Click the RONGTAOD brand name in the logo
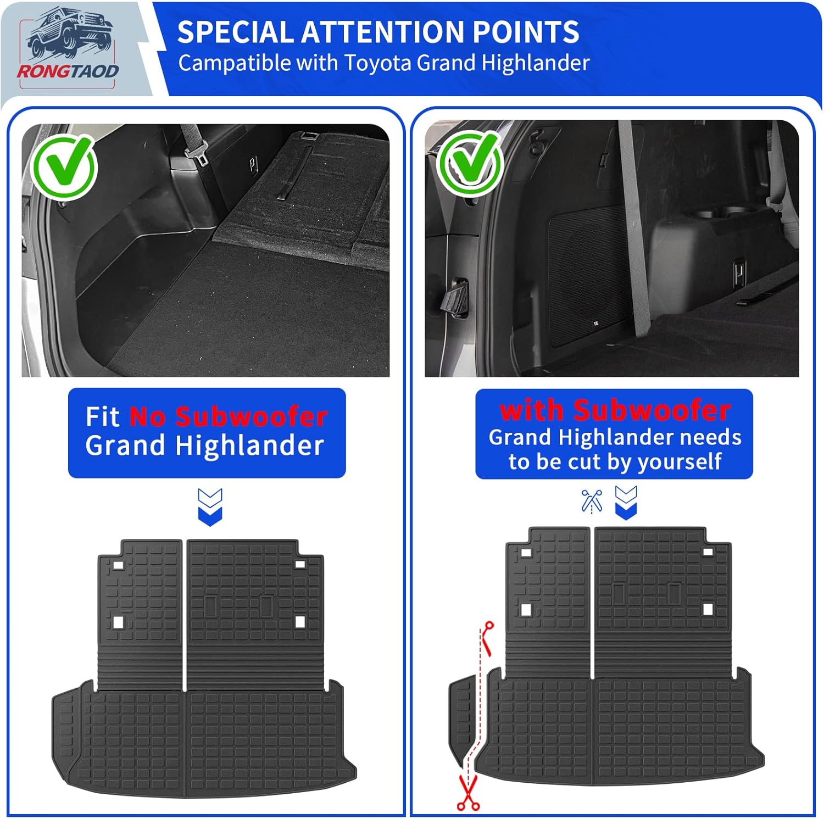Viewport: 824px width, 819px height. [68, 71]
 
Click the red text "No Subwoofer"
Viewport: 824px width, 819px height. [229, 416]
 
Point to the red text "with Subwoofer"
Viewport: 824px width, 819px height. [615, 410]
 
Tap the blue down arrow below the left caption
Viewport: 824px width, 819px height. [210, 506]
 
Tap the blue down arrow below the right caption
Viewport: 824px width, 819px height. [626, 502]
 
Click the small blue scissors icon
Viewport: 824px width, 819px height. [592, 501]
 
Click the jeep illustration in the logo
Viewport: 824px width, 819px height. [69, 36]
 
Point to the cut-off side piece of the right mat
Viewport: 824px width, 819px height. [461, 720]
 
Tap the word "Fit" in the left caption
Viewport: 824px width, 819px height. [102, 416]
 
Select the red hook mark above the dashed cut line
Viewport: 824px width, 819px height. [487, 637]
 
